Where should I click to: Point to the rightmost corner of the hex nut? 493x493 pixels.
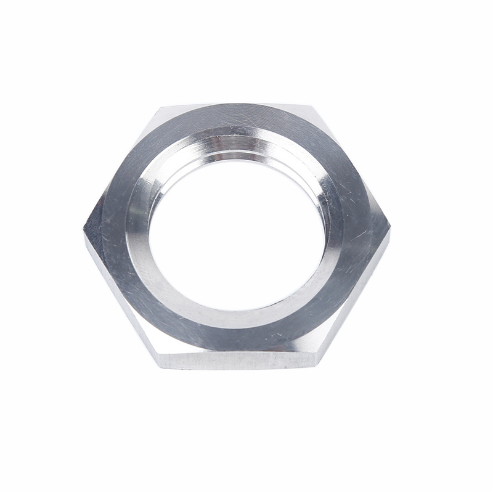pos(391,226)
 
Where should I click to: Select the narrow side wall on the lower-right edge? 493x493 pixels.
pos(357,299)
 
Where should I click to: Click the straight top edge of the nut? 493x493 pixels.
pos(237,105)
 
